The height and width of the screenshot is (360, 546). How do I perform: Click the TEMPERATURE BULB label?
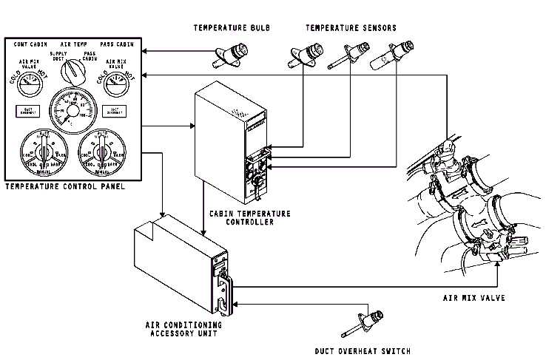click(232, 28)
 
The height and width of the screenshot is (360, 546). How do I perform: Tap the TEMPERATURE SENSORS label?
click(351, 28)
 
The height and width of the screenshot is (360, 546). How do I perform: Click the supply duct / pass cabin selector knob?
click(73, 72)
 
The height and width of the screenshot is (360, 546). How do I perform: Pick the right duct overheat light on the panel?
click(115, 112)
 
